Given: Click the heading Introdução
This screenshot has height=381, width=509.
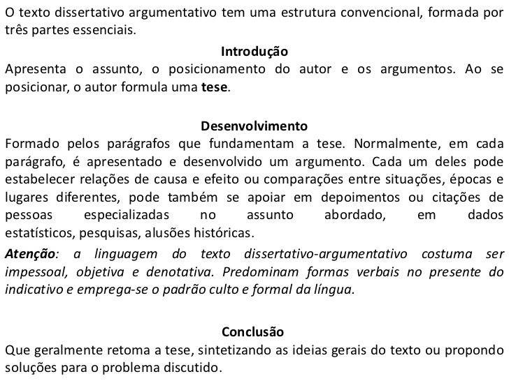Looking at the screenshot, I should (x=254, y=52).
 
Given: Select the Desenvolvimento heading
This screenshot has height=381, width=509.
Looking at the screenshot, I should (x=254, y=127).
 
